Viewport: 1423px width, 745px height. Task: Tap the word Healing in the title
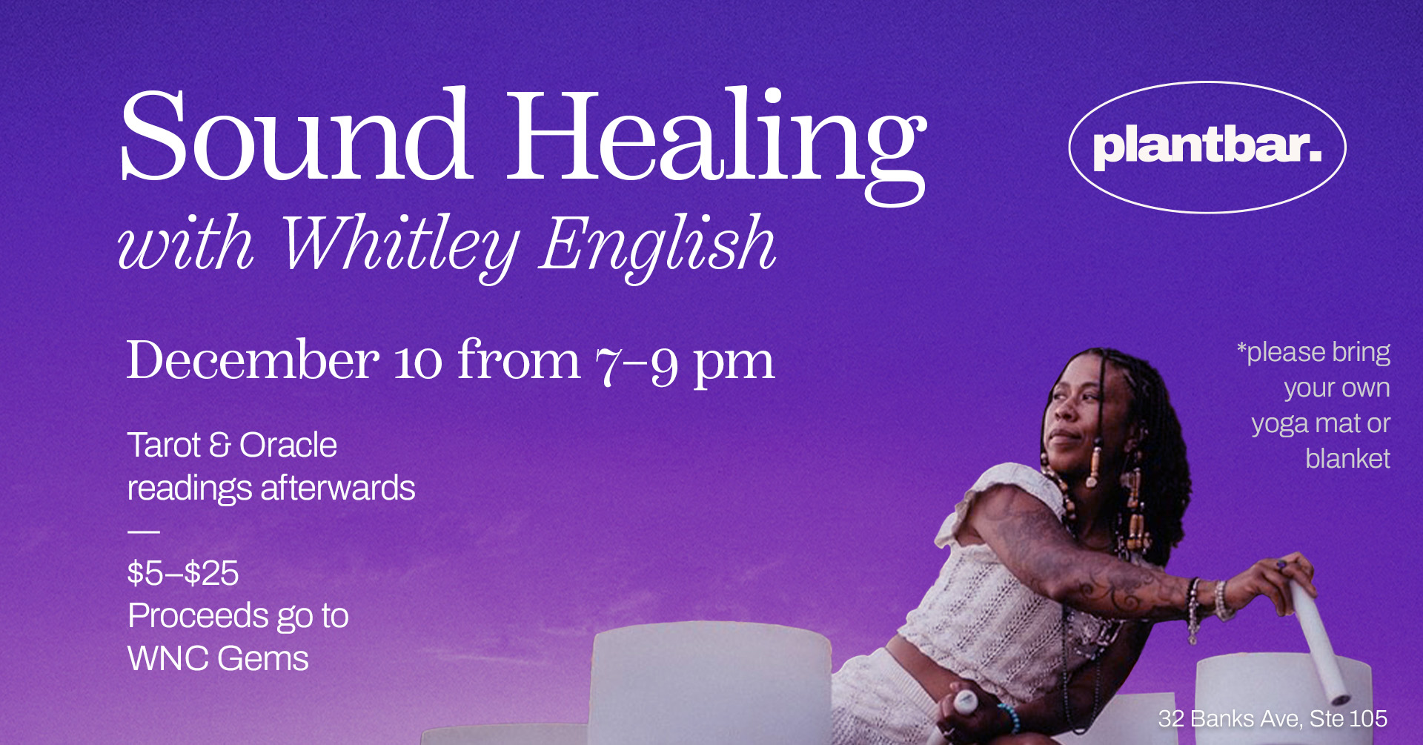pos(715,141)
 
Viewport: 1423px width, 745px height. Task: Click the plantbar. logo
pos(1207,147)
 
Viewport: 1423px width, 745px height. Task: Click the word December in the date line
pos(252,361)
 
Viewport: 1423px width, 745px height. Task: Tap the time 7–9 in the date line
pos(636,363)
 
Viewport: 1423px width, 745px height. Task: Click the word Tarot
pos(164,446)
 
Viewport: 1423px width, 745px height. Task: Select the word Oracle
pos(288,446)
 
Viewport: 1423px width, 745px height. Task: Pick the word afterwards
pos(338,489)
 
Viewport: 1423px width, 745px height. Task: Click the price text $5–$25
pos(183,574)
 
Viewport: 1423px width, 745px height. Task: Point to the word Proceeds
pos(197,616)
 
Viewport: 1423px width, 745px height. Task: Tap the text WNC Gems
pos(218,659)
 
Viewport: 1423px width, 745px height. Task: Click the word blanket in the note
pos(1347,459)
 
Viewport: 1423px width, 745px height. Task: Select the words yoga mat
pos(1307,424)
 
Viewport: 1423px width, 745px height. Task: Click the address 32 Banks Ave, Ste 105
pos(1273,718)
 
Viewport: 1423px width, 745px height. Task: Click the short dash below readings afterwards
pos(144,532)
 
